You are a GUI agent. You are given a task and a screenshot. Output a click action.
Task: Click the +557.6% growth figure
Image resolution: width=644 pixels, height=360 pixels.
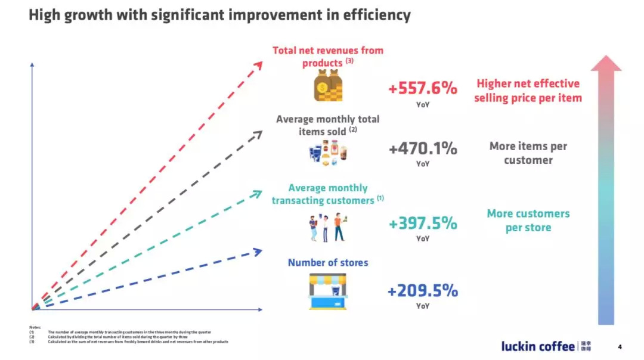[x=423, y=88]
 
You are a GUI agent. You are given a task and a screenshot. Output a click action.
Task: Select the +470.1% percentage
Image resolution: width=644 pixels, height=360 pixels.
[x=423, y=148]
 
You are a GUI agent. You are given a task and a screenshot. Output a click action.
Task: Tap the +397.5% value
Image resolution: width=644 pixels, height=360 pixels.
[x=423, y=224]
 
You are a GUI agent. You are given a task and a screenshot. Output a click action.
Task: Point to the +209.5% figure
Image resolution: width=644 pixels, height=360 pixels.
[x=423, y=291]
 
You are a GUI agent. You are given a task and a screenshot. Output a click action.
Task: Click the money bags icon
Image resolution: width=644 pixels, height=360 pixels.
[x=328, y=86]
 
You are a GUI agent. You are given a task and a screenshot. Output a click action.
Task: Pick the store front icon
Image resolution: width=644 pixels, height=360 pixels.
[x=328, y=291]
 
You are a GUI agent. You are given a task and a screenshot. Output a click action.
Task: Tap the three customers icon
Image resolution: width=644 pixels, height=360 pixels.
[x=328, y=227]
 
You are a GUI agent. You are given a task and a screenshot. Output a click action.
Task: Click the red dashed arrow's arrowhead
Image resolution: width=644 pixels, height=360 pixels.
[x=258, y=64]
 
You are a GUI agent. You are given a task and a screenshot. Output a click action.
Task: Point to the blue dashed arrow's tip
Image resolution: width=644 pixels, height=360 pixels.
[x=258, y=252]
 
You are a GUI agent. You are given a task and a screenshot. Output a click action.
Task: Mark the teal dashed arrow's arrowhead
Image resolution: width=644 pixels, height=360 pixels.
[x=258, y=193]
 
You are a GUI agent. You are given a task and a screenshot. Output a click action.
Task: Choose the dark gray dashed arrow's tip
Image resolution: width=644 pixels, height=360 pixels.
[x=258, y=134]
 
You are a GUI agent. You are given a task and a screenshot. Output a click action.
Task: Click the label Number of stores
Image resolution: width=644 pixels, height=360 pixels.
[x=328, y=262]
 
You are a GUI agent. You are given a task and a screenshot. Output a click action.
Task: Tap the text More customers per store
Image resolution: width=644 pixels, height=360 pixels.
[x=528, y=221]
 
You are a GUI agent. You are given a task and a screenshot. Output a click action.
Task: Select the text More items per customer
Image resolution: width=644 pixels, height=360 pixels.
[x=528, y=153]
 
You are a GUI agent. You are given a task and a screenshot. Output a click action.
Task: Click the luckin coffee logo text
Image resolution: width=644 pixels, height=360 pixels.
[x=538, y=346]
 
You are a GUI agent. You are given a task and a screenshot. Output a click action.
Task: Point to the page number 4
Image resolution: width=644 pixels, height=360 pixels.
[x=620, y=347]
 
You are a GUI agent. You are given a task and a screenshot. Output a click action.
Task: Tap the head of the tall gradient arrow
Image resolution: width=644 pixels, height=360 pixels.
[x=606, y=63]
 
